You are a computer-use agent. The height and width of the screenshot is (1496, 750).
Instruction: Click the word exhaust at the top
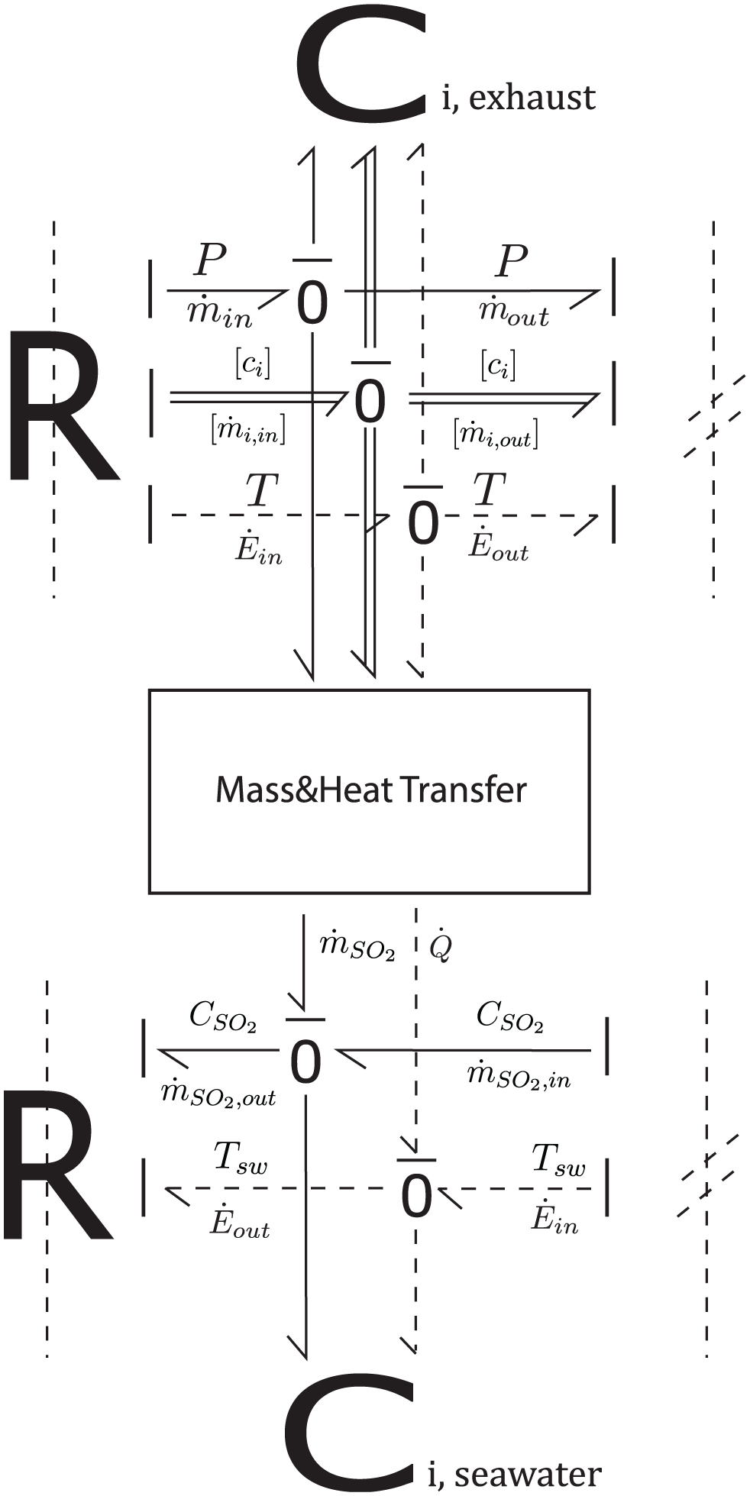coord(532,99)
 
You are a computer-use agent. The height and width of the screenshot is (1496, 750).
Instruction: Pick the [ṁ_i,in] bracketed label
coord(247,431)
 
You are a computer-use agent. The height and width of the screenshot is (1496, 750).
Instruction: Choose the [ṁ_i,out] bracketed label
coord(495,432)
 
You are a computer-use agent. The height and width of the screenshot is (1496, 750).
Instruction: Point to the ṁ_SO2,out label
coord(218,1094)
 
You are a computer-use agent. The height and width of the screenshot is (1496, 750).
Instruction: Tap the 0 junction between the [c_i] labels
coord(370,402)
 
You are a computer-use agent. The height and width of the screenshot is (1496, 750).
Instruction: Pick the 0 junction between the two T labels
coord(423,524)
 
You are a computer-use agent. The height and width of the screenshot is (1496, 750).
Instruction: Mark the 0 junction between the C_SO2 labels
coord(305,1062)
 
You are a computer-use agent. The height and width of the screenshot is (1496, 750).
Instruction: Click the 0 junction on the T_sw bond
coord(416,1197)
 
